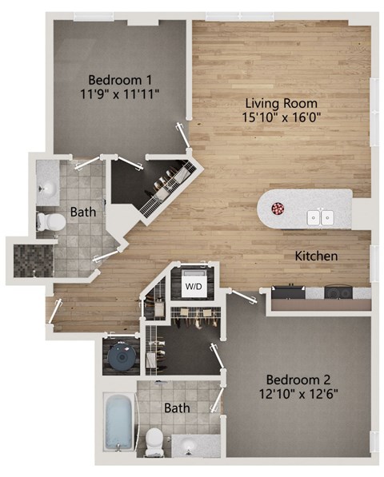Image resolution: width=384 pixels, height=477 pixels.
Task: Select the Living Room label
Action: coord(281,103)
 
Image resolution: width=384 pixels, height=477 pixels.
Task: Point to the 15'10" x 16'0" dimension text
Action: coord(281,117)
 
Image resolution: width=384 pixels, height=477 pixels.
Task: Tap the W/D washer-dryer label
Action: coord(194,285)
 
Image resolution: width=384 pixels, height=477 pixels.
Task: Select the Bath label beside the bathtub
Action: coord(178,408)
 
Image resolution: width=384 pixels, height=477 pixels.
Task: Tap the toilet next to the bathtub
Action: coord(155,439)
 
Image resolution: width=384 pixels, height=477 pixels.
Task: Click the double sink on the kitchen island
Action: coord(322,216)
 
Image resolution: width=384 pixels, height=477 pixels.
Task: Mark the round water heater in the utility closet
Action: coord(121,357)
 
